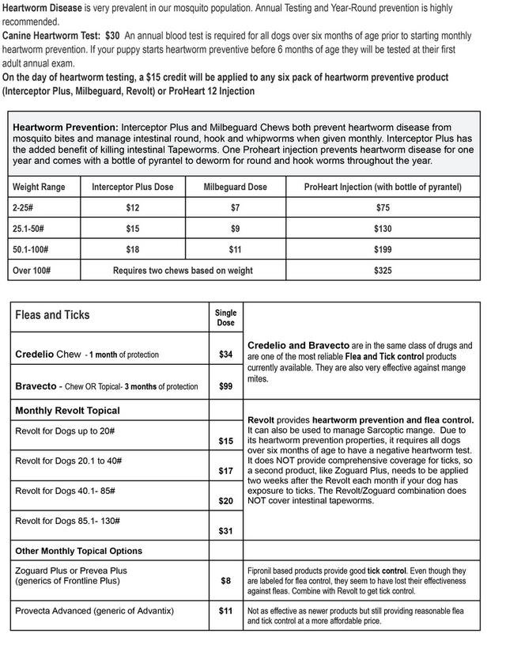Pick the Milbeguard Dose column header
click(x=235, y=188)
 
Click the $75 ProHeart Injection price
click(x=383, y=207)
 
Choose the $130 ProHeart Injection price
click(x=383, y=228)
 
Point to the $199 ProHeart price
click(x=383, y=249)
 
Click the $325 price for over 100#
click(x=383, y=270)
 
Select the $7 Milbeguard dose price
click(x=235, y=207)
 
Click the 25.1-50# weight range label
click(x=28, y=228)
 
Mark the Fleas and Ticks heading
click(x=52, y=315)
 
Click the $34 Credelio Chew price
click(x=225, y=355)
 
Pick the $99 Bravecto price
click(x=225, y=387)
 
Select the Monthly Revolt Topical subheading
click(x=67, y=411)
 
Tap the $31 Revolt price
click(x=225, y=530)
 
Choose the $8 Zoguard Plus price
click(x=225, y=581)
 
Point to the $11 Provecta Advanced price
click(x=225, y=611)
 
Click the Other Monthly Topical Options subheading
click(x=78, y=551)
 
